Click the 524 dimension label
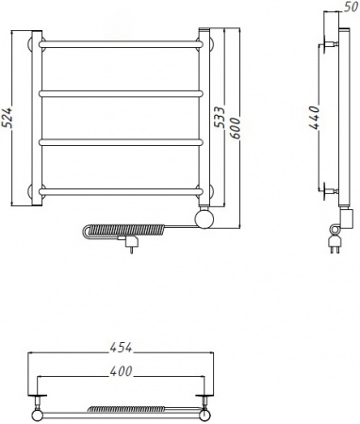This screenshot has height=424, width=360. (8, 118)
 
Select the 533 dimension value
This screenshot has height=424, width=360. (220, 117)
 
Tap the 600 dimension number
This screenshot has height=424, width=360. (235, 128)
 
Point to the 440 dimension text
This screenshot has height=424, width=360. (314, 118)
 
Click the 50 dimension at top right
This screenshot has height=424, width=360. (351, 7)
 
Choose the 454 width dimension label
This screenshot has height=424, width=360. (121, 348)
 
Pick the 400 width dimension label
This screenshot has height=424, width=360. (121, 371)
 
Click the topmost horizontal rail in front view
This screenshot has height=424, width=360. (121, 44)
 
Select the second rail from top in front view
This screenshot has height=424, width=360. (121, 93)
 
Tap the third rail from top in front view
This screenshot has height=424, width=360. (121, 142)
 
